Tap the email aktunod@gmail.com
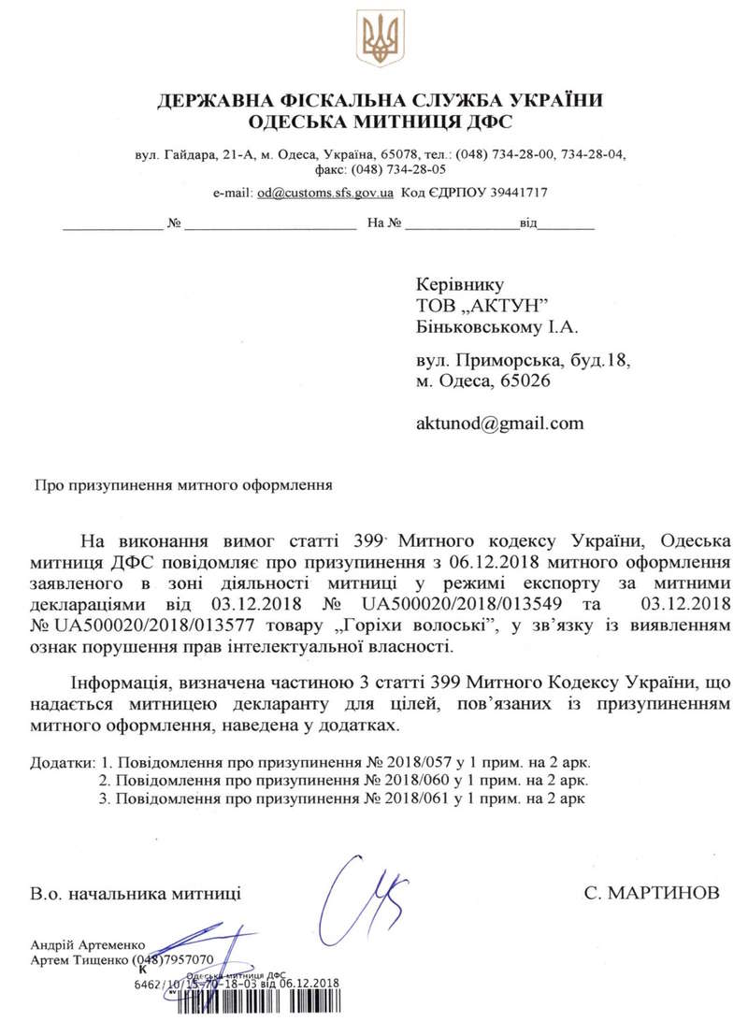tap(499, 423)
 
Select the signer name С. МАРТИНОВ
tap(652, 894)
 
